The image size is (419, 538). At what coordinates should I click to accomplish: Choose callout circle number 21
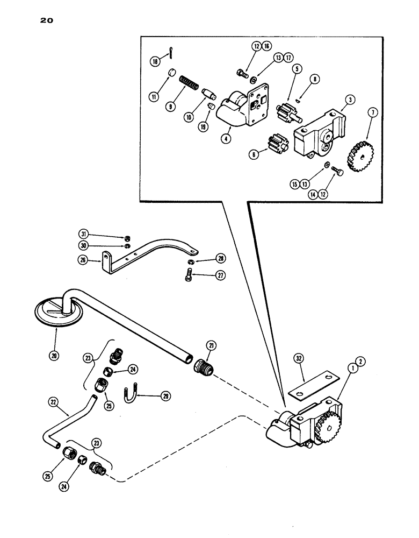pos(210,345)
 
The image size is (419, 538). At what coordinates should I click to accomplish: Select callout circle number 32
pos(299,358)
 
